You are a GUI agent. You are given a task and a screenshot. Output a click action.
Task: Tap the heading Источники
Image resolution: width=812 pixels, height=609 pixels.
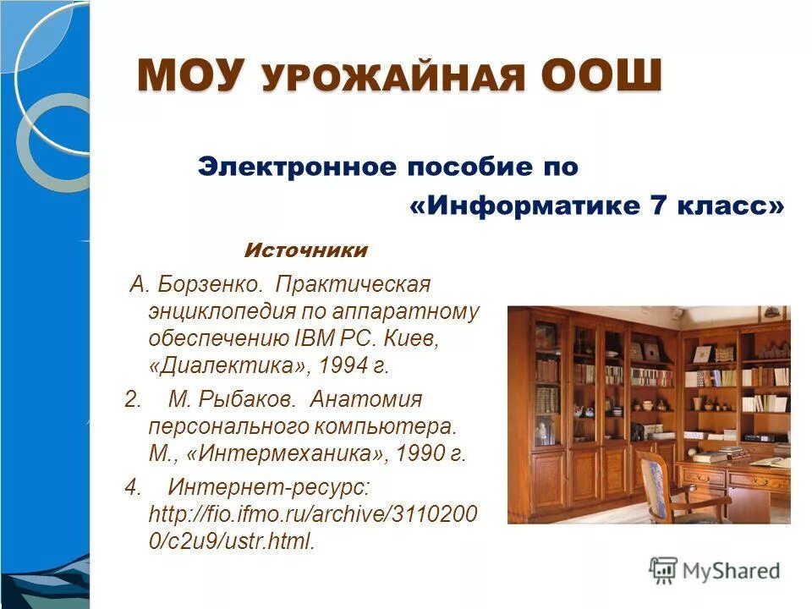coord(306,250)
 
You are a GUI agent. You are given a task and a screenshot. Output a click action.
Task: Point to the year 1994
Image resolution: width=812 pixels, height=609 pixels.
coord(345,365)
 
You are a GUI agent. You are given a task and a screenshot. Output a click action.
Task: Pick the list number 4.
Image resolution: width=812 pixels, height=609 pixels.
coord(131,487)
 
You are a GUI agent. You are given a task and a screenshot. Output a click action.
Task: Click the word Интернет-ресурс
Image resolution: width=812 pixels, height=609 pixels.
coord(269,487)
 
